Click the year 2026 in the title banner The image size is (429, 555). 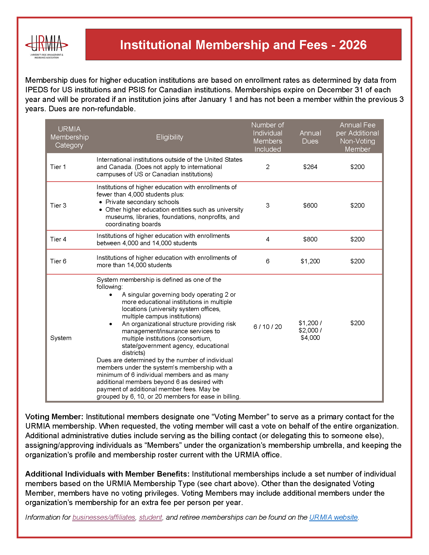(353, 45)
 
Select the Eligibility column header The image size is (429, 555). (170, 137)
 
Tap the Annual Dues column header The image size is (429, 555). (310, 137)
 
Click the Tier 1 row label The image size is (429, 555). (58, 167)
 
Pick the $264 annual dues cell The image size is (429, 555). (310, 167)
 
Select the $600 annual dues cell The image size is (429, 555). (310, 205)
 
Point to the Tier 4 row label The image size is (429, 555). (58, 239)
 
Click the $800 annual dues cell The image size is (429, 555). (310, 239)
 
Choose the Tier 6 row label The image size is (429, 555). (58, 261)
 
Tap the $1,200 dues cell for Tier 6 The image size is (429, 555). (310, 261)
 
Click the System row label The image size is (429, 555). (61, 338)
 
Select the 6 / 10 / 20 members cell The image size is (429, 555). (267, 327)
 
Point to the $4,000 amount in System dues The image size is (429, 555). (310, 338)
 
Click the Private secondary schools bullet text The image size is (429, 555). (142, 202)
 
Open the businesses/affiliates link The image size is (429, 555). (104, 517)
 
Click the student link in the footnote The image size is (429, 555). (150, 517)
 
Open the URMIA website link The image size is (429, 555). (333, 517)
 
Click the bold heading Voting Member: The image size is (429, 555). (54, 417)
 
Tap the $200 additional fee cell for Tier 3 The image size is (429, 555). (357, 205)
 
